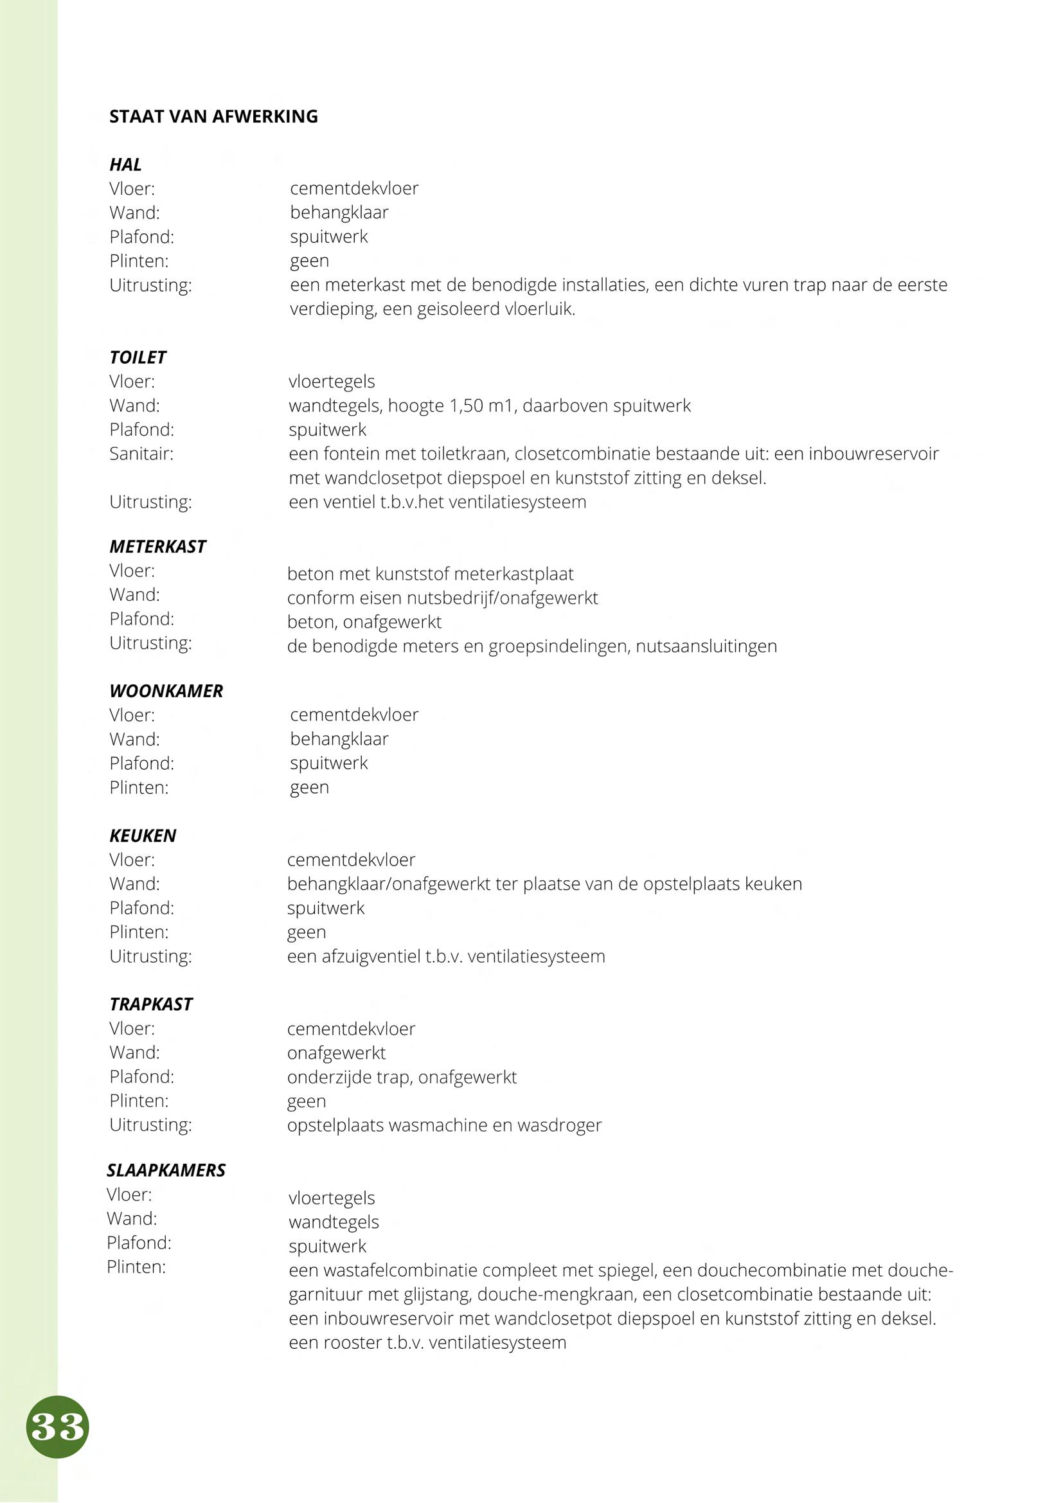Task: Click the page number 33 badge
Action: point(58,1427)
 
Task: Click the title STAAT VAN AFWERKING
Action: point(213,116)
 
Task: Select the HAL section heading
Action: point(125,165)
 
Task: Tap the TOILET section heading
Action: point(138,357)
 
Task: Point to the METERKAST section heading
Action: point(157,547)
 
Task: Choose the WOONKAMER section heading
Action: point(166,691)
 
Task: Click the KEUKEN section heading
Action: point(143,836)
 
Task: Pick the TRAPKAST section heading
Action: point(150,1004)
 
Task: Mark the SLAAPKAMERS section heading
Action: point(166,1170)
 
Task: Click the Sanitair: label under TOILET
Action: point(141,454)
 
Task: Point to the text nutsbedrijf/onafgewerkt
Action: point(502,598)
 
